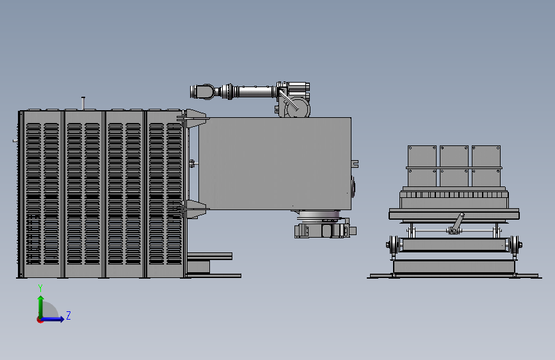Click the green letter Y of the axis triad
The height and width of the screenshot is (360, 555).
click(40, 288)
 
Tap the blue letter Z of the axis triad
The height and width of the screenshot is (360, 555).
click(68, 315)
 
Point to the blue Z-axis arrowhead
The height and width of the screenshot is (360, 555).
click(61, 319)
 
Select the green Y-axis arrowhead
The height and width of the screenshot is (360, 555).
click(41, 299)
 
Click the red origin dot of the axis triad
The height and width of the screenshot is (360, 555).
click(40, 320)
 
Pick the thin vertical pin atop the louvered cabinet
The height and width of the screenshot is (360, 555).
click(83, 103)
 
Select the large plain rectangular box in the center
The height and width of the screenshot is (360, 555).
click(275, 163)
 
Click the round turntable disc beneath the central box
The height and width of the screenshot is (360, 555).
click(319, 215)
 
